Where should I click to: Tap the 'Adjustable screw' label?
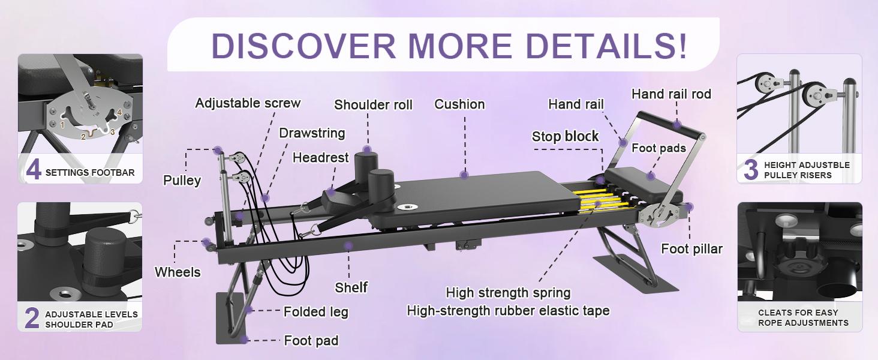pos(248,103)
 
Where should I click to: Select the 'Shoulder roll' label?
pos(373,105)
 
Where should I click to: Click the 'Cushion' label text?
pos(459,104)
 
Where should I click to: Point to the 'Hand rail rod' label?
pos(671,94)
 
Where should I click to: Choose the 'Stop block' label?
pos(565,137)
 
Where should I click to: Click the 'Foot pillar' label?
pos(691,248)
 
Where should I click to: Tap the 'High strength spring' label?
pos(508,293)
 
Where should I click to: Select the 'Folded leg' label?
pos(315,312)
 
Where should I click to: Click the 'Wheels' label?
pos(178,272)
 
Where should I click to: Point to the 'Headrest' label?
pos(320,158)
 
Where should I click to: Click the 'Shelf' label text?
pos(351,287)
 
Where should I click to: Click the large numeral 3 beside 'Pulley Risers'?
pos(751,169)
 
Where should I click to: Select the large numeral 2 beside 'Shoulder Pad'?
pos(32,318)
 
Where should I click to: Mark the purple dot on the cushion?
pos(464,175)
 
